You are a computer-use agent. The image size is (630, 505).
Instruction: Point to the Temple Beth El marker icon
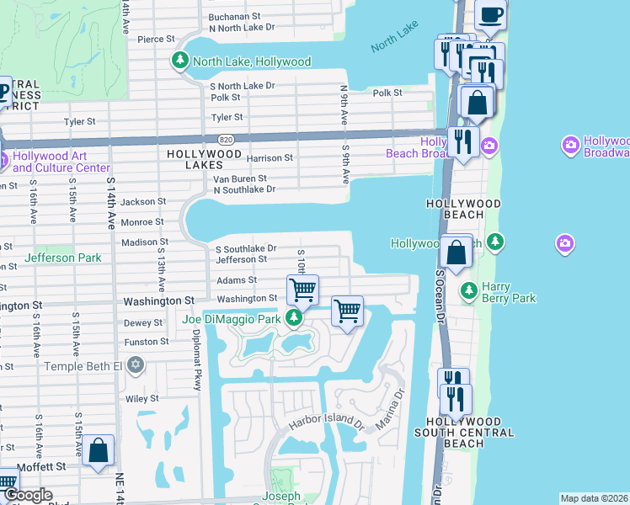click(136, 365)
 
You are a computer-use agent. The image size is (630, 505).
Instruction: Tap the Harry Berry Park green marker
click(468, 291)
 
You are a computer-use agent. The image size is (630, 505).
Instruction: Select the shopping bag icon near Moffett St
click(99, 450)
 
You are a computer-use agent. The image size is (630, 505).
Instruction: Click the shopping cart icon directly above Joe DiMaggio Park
click(302, 290)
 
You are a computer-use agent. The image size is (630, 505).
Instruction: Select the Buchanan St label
click(235, 16)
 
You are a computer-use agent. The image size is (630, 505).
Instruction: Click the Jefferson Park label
click(63, 258)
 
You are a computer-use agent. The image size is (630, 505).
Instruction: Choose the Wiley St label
click(141, 398)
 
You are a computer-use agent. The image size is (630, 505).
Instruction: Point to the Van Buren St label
click(239, 178)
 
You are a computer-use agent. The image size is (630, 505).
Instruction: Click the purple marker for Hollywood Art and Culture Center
click(3, 157)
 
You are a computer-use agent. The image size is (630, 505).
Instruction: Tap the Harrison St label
click(270, 157)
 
